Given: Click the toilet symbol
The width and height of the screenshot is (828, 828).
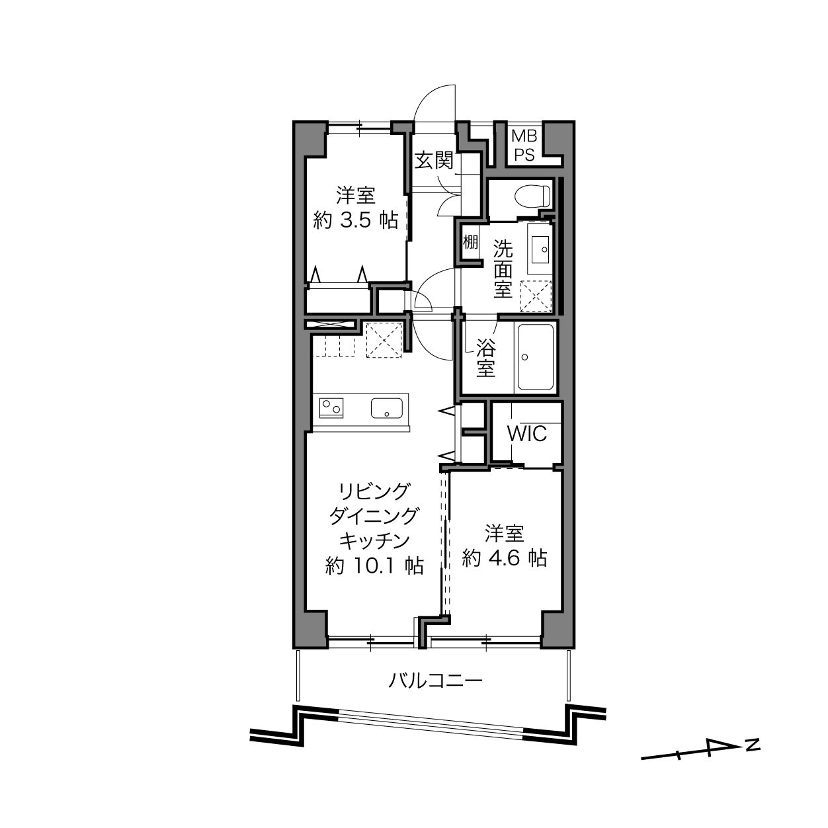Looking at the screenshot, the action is (x=532, y=196).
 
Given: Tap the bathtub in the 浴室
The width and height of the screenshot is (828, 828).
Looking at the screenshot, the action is (x=535, y=357).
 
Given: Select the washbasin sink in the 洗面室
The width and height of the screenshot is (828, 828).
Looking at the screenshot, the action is (x=540, y=249).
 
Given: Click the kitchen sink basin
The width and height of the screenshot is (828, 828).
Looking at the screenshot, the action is (x=387, y=407).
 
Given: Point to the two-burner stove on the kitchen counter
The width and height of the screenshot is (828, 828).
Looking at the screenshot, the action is (x=331, y=407).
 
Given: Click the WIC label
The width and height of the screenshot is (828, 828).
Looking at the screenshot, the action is (x=527, y=434).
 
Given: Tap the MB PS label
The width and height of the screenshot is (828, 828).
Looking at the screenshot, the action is (x=524, y=146).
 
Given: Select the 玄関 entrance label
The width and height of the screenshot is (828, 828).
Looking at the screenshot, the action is (x=434, y=161).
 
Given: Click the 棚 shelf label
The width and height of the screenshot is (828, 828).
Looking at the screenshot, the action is (x=470, y=242).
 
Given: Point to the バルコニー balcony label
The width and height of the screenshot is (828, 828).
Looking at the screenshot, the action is (x=436, y=680).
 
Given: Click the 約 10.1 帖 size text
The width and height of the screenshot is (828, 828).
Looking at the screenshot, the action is (x=375, y=565).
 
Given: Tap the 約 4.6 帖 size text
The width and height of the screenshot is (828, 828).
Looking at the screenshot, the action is (x=505, y=558).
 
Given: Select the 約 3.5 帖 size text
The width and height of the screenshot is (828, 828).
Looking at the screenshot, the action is (x=356, y=220).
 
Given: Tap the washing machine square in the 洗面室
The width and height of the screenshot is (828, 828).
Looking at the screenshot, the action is (x=536, y=296).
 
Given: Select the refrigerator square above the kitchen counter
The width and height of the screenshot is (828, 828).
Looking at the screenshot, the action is (x=384, y=340).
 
